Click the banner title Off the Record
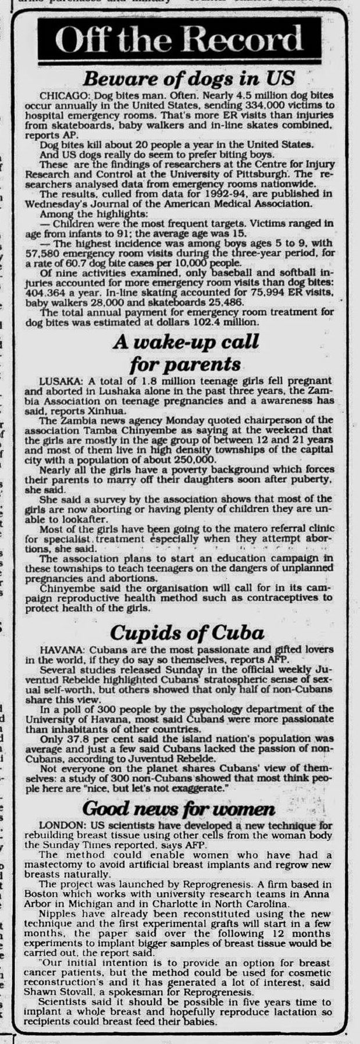pos(181,41)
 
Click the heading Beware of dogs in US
pos(188,78)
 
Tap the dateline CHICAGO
pos(59,94)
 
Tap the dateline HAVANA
pos(58,650)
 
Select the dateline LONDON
pos(59,826)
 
